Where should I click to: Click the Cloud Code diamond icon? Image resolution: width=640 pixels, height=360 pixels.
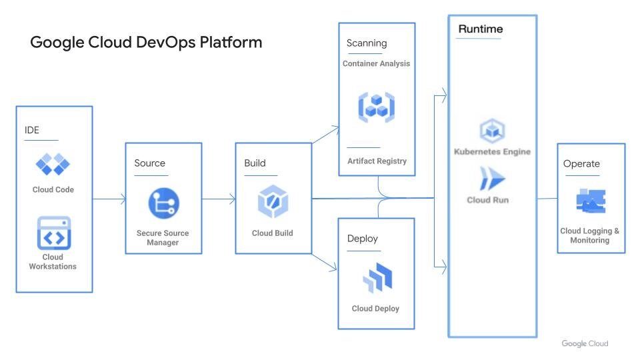pos(53,164)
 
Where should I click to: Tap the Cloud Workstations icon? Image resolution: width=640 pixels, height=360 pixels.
pos(53,233)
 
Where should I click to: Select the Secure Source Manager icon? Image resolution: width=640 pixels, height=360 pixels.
pos(163,204)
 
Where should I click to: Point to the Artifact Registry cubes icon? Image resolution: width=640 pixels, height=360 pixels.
pos(377,107)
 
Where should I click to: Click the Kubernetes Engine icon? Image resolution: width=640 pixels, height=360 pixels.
pos(492,131)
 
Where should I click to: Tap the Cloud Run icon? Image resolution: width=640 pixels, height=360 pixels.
pos(492,179)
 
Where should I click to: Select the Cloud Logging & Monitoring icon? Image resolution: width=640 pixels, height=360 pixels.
pos(590,201)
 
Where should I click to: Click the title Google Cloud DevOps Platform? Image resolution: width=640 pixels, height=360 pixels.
pos(146,43)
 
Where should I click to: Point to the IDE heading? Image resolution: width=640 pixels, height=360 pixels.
pos(32,130)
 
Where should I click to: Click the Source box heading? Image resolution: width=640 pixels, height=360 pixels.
pos(149,163)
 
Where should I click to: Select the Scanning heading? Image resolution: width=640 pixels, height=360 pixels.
pos(366,43)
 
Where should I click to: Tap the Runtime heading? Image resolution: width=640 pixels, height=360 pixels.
pos(480,29)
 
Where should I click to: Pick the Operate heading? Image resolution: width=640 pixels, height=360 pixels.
pos(581,164)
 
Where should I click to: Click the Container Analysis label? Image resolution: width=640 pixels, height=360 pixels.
pos(376,64)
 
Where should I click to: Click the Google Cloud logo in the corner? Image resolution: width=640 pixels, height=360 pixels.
pos(585,344)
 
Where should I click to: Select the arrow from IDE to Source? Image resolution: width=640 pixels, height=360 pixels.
pos(109,199)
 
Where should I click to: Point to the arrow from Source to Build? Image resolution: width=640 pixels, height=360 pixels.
pos(219,199)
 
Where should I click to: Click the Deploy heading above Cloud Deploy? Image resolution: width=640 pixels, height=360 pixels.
pos(362,238)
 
